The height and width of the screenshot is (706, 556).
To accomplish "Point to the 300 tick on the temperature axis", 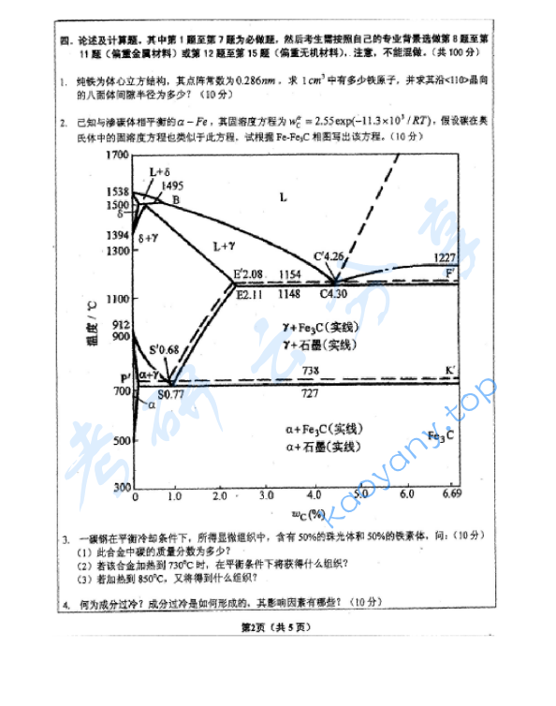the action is (x=119, y=488).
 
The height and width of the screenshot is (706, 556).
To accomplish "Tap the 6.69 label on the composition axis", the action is (x=451, y=494).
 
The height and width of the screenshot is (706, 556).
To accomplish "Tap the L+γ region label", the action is (x=226, y=246).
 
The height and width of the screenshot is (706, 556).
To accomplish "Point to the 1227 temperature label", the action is (x=445, y=257).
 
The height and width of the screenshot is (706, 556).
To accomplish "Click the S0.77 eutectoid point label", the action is (x=170, y=394).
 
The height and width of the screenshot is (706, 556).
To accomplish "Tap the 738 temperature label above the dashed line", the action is (x=310, y=372).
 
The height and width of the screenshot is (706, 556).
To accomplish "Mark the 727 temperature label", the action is (x=310, y=393).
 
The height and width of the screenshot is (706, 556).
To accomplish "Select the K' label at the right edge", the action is (x=450, y=371).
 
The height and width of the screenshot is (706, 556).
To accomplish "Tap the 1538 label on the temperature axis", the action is (x=117, y=192).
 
